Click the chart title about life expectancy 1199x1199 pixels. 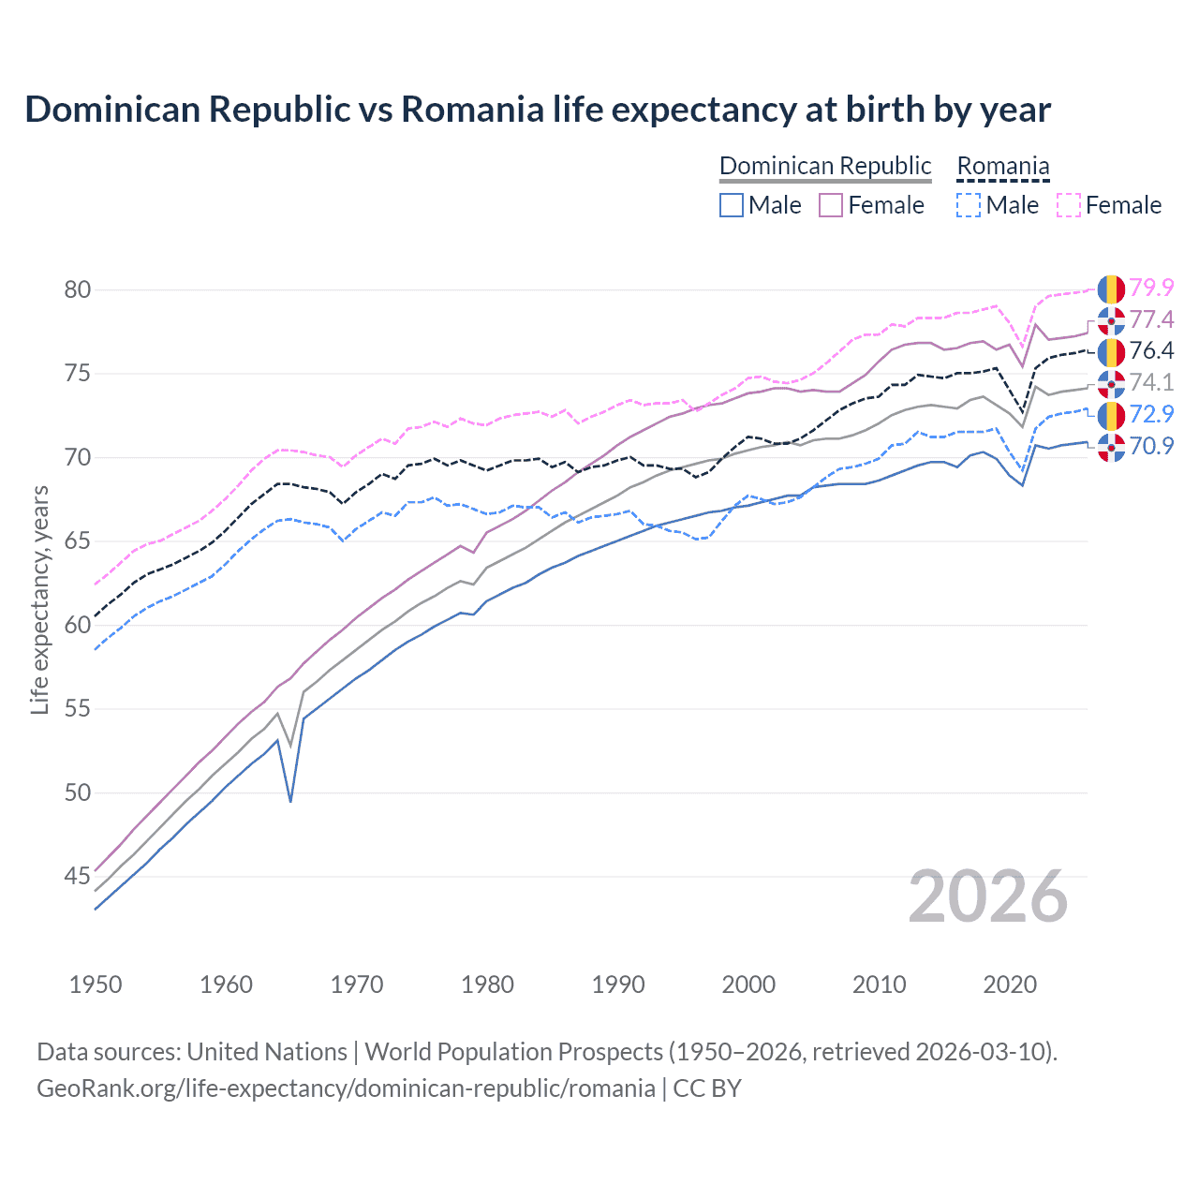tap(538, 110)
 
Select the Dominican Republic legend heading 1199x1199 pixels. tap(825, 167)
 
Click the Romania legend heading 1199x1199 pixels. tap(1002, 167)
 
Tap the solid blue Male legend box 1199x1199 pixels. tap(732, 205)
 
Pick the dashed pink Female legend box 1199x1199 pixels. tap(1069, 205)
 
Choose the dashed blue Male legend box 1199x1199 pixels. tap(969, 205)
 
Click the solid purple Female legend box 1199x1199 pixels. tap(832, 205)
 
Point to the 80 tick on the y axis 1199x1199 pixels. tap(78, 289)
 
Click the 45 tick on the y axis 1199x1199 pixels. tap(78, 877)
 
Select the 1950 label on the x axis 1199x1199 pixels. tap(96, 984)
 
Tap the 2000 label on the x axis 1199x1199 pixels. tap(748, 984)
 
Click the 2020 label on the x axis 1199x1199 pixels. tap(1010, 984)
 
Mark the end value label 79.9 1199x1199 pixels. tap(1151, 288)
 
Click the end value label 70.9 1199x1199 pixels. tap(1151, 446)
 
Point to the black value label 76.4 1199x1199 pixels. tap(1151, 351)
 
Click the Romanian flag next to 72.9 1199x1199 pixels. tap(1111, 415)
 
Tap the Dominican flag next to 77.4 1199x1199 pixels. tap(1111, 320)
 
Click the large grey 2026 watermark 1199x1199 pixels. tap(987, 897)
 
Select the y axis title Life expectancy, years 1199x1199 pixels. tap(39, 599)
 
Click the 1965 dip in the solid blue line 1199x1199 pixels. tap(290, 801)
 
